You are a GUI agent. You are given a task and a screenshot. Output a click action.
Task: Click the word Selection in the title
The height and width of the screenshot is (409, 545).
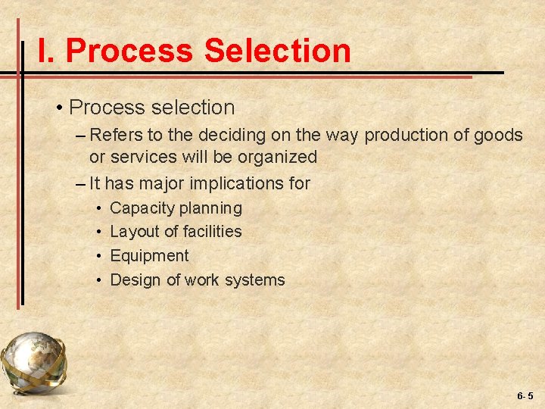tap(277, 52)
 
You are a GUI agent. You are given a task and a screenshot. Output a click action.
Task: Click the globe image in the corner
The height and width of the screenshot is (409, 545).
tap(33, 363)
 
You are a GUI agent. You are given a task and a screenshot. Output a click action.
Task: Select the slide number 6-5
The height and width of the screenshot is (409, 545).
tap(525, 395)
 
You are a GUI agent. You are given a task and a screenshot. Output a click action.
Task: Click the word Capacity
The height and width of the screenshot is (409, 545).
tap(142, 208)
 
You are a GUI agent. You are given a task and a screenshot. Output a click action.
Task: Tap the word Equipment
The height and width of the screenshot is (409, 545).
tap(149, 256)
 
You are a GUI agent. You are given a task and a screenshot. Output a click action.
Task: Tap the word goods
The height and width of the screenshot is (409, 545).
tap(500, 136)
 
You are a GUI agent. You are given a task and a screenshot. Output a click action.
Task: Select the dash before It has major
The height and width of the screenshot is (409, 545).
tap(81, 183)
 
